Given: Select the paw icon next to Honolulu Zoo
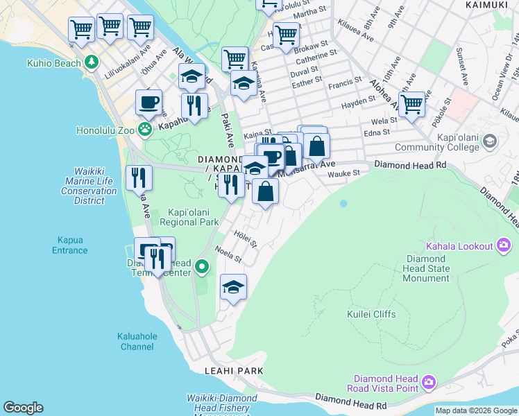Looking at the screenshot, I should pyautogui.click(x=144, y=129).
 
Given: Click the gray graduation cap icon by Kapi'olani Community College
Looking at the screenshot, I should pyautogui.click(x=490, y=141).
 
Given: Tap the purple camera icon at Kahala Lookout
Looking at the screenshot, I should pyautogui.click(x=504, y=245).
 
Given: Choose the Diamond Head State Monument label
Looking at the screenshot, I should pyautogui.click(x=427, y=268).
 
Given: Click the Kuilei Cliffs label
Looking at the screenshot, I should pyautogui.click(x=371, y=314).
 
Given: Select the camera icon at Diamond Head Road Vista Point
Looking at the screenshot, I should pyautogui.click(x=429, y=382).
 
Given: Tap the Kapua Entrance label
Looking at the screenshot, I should pyautogui.click(x=69, y=245).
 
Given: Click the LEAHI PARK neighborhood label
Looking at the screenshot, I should pyautogui.click(x=234, y=371).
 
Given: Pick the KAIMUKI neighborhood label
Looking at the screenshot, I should pyautogui.click(x=485, y=5).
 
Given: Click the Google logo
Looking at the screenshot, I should pyautogui.click(x=23, y=408).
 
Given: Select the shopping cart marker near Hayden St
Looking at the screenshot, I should pyautogui.click(x=411, y=104).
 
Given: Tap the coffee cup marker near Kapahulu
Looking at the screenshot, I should pyautogui.click(x=148, y=102).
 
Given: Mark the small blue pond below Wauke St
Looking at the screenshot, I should pyautogui.click(x=343, y=204).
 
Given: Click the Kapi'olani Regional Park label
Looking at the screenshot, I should pyautogui.click(x=189, y=217).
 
